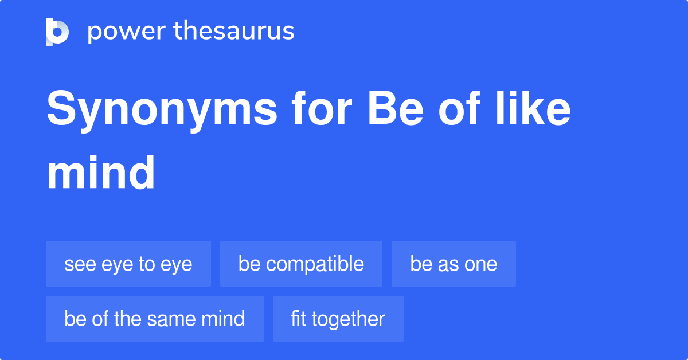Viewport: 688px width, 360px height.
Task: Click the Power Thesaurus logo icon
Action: coord(57,32)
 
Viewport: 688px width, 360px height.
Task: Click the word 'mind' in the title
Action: coord(101,172)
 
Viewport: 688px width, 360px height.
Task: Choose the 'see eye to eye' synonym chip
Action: coord(128,264)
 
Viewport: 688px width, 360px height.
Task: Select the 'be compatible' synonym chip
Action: coord(301,264)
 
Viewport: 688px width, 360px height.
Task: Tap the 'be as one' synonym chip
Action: coord(454,264)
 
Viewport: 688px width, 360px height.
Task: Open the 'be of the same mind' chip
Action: coord(155,319)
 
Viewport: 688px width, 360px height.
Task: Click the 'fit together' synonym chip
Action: coord(338,319)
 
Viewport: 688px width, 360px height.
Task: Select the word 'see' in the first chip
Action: coord(77,264)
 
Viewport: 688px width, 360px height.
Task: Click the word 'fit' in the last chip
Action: coord(298,319)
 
